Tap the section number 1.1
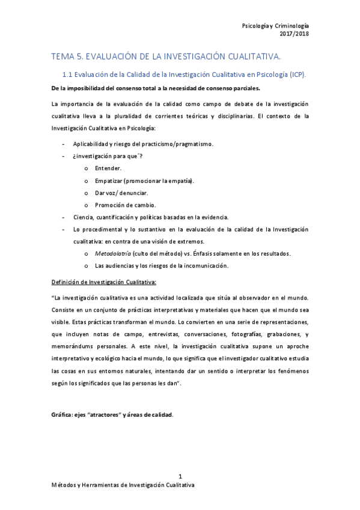(x=68, y=75)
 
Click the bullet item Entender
(x=108, y=167)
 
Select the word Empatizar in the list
(x=109, y=180)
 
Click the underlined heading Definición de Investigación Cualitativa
(x=104, y=281)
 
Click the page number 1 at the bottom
(x=180, y=476)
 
